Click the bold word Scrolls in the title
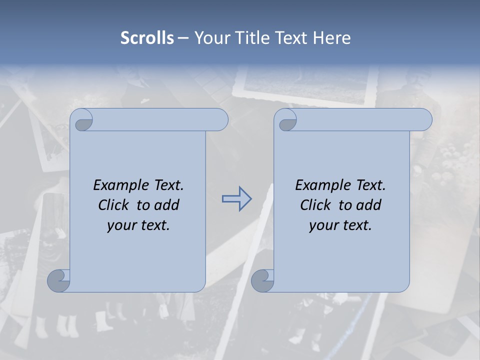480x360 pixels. click(147, 38)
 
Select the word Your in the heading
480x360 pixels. click(210, 38)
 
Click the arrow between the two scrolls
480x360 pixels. click(236, 199)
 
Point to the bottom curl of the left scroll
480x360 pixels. click(58, 280)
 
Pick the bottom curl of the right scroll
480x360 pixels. click(262, 281)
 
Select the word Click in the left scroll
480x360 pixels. click(113, 205)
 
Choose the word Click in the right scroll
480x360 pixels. click(315, 205)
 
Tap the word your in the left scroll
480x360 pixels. click(120, 226)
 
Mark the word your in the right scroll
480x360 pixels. click(322, 226)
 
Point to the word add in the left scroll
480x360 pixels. click(167, 205)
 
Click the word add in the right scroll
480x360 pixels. click(369, 205)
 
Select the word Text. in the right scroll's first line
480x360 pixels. click(369, 185)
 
